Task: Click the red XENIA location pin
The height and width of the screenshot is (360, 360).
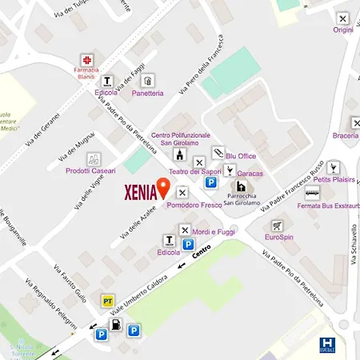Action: tap(163, 188)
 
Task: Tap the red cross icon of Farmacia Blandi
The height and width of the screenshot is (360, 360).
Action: tap(89, 59)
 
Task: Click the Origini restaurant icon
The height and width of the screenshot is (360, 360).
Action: tap(343, 18)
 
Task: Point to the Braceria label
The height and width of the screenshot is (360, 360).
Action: tap(345, 135)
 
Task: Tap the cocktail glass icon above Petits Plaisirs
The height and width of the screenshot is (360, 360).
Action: tap(334, 167)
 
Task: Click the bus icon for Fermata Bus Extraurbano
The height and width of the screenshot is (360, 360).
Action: tap(312, 193)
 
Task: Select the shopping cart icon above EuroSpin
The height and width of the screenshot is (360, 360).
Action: tap(277, 226)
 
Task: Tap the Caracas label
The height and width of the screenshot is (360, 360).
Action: tap(250, 173)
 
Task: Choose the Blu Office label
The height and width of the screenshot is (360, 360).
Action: tap(241, 156)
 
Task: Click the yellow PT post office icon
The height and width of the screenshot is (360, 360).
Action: tap(107, 300)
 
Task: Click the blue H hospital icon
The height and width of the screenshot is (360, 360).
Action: tap(326, 344)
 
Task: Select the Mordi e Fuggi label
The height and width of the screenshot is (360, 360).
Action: tap(211, 231)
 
